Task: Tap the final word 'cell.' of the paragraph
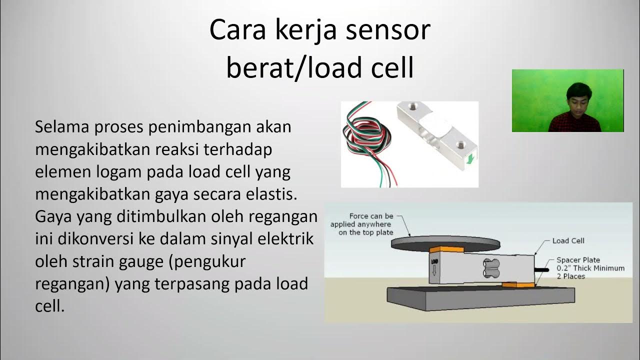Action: coord(50,306)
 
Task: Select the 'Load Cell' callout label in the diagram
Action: coord(568,241)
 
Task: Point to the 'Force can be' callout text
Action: coord(371,216)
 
